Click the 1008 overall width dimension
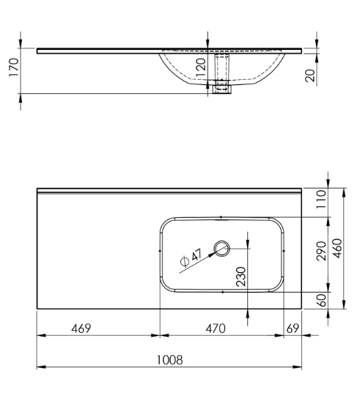point(169,360)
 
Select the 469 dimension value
point(81,329)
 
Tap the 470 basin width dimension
point(216,329)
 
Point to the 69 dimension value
point(293,329)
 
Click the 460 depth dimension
point(337,249)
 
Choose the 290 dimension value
point(322,251)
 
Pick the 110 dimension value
point(322,199)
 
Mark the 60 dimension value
point(322,300)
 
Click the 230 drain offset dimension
point(240,276)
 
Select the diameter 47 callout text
point(191,258)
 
